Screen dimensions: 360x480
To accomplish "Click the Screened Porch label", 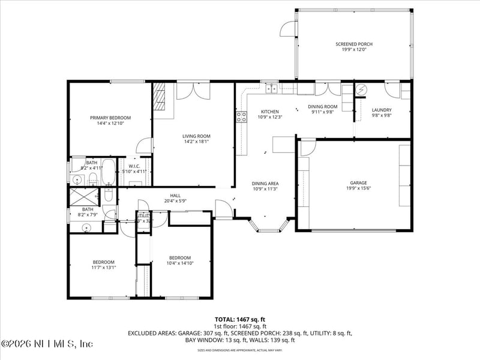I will tap(354, 44).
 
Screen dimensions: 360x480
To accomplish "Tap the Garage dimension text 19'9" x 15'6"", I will tap(359, 188).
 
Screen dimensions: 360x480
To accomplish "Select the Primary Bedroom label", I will tap(110, 118).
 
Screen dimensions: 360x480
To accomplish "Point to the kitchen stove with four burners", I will tap(242, 116).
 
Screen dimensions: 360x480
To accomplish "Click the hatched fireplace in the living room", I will tap(159, 96).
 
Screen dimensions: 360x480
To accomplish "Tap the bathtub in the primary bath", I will tap(109, 173).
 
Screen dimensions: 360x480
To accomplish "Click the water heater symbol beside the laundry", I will tap(361, 90).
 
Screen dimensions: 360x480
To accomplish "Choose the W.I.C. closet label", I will tap(130, 166).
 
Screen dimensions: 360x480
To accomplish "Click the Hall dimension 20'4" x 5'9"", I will tap(175, 201).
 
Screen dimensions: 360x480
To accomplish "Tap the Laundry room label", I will tap(382, 110).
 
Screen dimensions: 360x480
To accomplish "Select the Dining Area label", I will tap(265, 184).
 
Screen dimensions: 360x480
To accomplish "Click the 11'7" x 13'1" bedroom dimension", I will tap(104, 268).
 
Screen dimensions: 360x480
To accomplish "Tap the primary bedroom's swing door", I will tap(144, 146).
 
